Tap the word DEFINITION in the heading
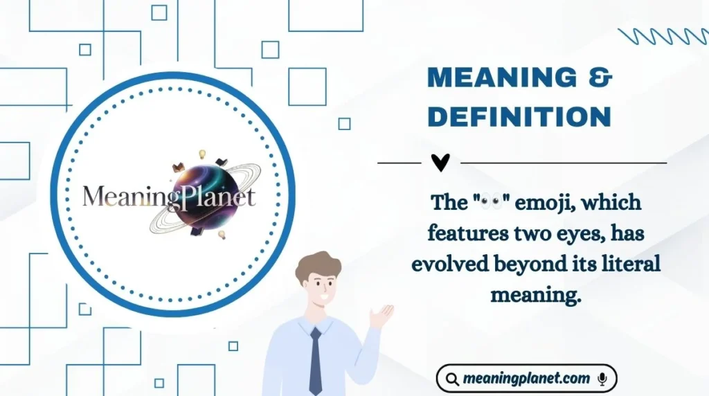tap(519, 116)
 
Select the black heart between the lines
tap(440, 163)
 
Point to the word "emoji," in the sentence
tap(545, 204)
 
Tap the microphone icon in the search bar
tap(602, 379)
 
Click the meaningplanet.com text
tap(526, 379)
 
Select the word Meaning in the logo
tap(121, 197)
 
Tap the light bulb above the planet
tap(203, 154)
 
